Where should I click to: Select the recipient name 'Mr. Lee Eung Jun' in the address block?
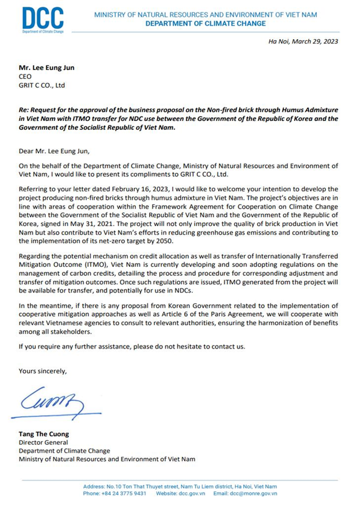point(46,68)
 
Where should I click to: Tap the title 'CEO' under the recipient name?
point(25,77)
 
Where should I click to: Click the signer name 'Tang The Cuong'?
point(44,434)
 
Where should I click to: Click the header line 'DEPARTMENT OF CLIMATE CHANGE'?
point(206,23)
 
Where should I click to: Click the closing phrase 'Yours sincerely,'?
point(42,370)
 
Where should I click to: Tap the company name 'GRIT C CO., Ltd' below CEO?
point(42,86)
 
